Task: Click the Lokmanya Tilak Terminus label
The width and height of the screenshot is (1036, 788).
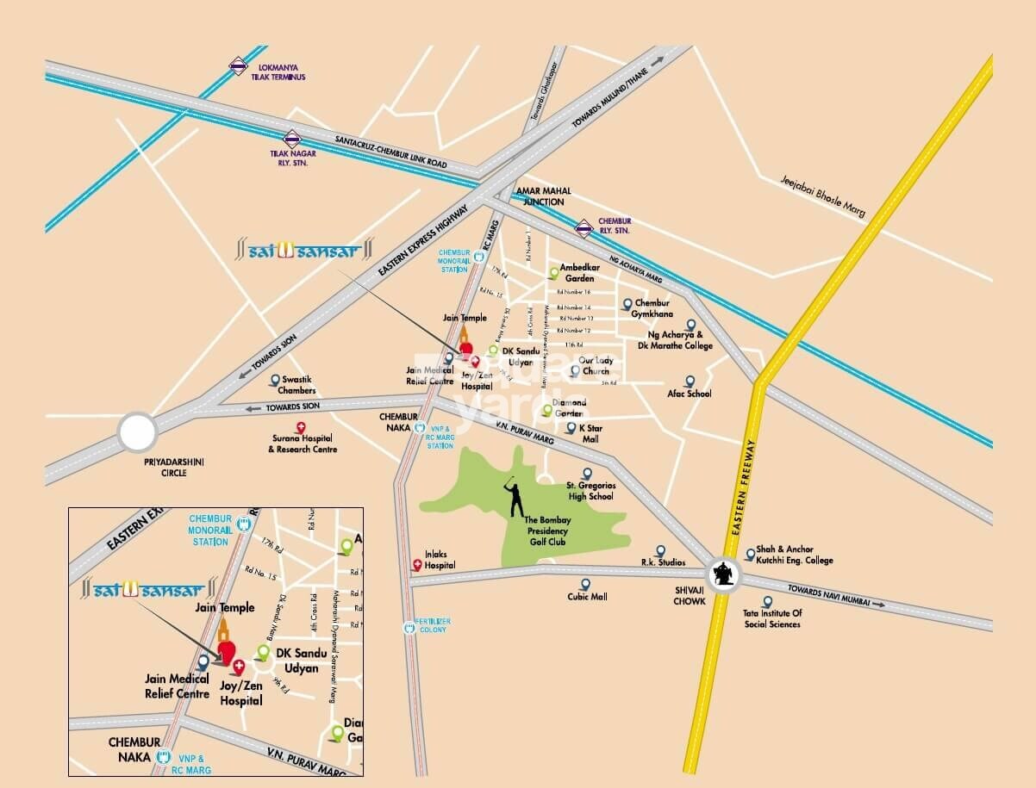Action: click(278, 71)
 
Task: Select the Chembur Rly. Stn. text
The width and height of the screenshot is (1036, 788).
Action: click(615, 226)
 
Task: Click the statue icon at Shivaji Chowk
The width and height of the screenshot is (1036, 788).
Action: click(724, 574)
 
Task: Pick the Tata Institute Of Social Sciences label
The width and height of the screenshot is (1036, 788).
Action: click(772, 618)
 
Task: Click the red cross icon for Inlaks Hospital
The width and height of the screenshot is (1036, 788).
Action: click(418, 566)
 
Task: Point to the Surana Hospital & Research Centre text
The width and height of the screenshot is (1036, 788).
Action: click(303, 444)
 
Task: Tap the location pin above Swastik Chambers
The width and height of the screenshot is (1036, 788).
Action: click(275, 380)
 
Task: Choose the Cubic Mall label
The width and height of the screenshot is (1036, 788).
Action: click(587, 597)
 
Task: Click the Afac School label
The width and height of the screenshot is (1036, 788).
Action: click(690, 394)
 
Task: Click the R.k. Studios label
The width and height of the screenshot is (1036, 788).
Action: click(662, 562)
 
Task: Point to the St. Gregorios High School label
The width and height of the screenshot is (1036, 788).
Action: click(590, 491)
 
